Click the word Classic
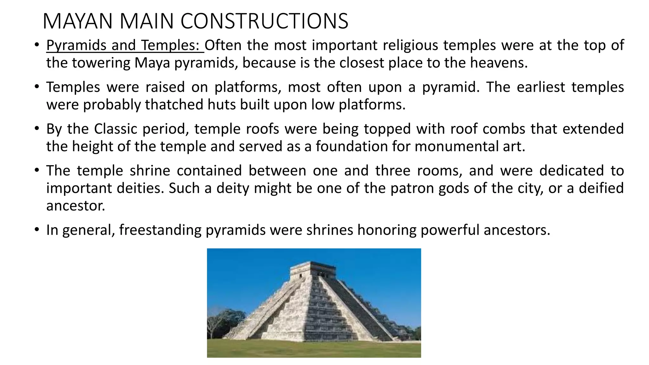116,129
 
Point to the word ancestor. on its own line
76,206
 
